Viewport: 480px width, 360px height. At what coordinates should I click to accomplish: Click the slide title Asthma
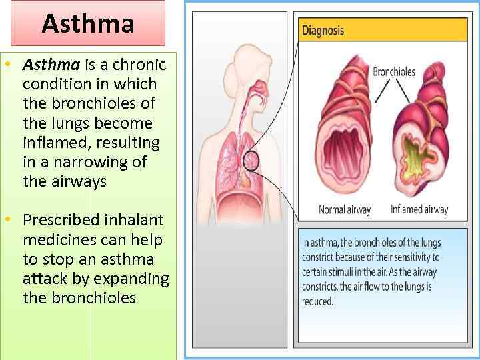click(x=88, y=24)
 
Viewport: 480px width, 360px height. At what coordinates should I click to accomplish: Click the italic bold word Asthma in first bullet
click(x=51, y=65)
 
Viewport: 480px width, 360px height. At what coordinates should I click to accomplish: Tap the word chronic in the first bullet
click(x=141, y=65)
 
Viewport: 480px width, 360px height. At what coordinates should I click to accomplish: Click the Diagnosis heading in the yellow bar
click(x=323, y=30)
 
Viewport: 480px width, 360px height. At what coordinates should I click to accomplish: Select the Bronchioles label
click(x=393, y=71)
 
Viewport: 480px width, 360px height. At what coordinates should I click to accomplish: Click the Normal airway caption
click(x=344, y=209)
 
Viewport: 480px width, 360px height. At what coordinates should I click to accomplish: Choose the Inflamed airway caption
click(x=419, y=209)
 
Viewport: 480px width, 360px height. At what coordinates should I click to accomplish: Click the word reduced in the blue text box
click(x=317, y=301)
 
